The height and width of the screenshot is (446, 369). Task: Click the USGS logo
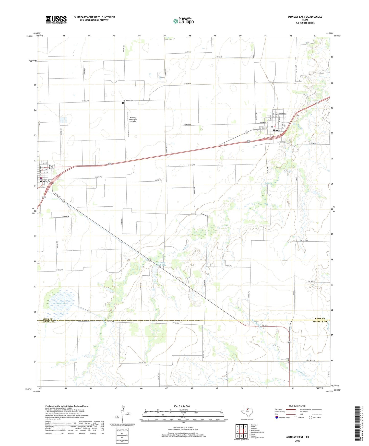pos(56,19)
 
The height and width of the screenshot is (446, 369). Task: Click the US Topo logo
pos(183,21)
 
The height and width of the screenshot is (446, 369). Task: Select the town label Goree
pos(276,130)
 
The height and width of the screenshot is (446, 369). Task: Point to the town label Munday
pos(44,181)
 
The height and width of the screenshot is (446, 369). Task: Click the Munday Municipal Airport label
pos(133,120)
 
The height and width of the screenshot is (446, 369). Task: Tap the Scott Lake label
pos(61,303)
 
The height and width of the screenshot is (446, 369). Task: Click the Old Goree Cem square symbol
pos(123,103)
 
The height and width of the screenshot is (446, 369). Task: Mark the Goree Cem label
pos(298,81)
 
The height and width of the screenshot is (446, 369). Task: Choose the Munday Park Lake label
pos(162,264)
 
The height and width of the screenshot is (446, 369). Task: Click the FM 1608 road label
pos(311,281)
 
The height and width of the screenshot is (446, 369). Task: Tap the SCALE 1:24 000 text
pos(182,406)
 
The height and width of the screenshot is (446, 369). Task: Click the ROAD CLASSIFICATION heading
pos(298,406)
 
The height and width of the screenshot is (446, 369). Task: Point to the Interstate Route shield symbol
pos(277,417)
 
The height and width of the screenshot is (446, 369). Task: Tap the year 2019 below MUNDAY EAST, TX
pos(297,441)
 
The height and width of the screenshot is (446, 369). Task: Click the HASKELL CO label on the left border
pos(47,322)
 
